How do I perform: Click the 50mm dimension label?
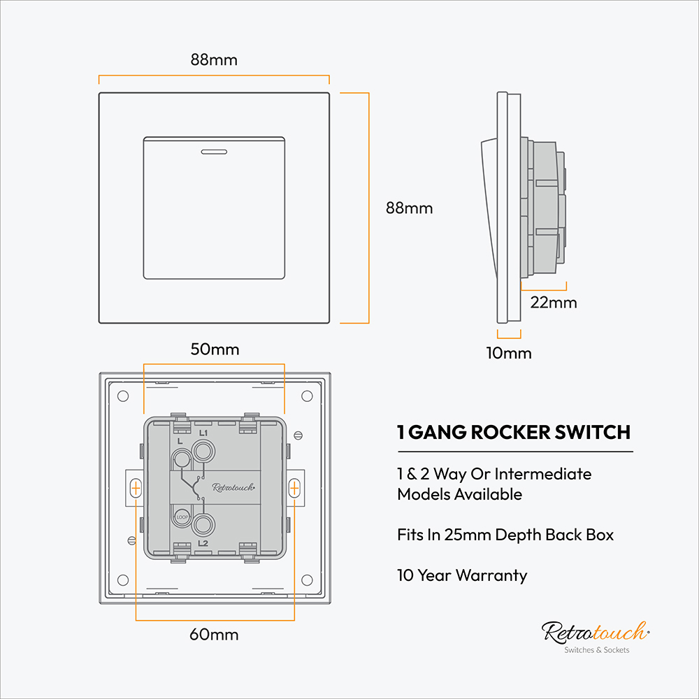point(215,349)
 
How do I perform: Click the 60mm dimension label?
point(214,635)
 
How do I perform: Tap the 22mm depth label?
point(554,303)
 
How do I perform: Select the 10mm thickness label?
point(509,353)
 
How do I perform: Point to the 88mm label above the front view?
point(214,59)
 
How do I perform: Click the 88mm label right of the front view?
point(409,208)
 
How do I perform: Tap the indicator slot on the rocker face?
point(214,152)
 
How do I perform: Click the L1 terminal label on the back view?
point(203,433)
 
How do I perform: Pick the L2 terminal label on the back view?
point(203,543)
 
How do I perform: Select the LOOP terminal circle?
point(182,517)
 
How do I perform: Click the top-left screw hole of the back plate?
point(123,396)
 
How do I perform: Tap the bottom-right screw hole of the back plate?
point(307,580)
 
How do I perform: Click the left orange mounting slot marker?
point(136,488)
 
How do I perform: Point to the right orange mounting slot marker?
point(294,488)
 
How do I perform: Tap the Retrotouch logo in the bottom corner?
point(596,636)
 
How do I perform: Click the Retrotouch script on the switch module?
point(233,487)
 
